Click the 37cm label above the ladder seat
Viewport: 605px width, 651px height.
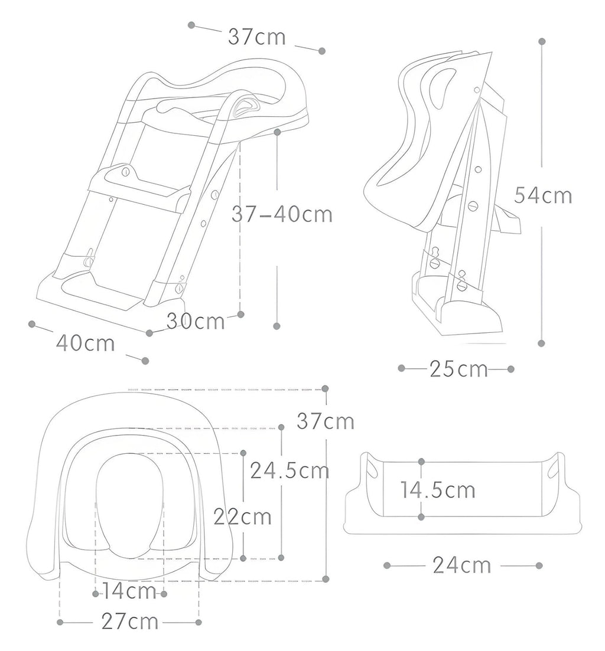point(257,37)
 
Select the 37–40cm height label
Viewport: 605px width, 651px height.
point(282,214)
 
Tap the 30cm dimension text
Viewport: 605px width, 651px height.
point(196,322)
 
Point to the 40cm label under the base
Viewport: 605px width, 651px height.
point(86,343)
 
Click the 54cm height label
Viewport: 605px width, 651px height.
point(543,195)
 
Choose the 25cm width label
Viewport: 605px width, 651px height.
point(458,369)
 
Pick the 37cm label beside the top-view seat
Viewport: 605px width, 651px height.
point(326,421)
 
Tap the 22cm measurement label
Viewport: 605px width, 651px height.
point(242,516)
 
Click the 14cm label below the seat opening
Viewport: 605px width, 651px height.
point(129,591)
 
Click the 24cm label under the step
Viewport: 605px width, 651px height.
point(462,565)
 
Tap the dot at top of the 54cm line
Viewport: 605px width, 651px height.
point(541,41)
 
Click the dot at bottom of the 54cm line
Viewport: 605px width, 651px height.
point(541,343)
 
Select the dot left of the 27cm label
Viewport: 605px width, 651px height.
point(60,622)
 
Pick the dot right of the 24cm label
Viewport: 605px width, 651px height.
point(539,565)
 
